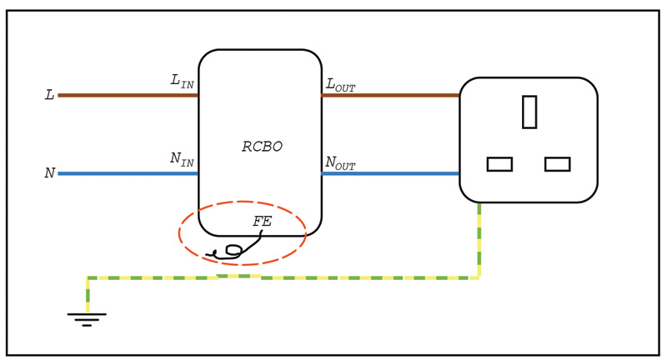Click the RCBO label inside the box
[262, 147]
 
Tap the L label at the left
[49, 95]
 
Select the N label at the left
[49, 173]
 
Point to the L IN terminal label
[182, 81]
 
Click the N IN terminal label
[182, 158]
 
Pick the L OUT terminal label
[340, 84]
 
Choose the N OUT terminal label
[340, 162]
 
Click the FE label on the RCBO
[262, 222]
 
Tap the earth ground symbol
[87, 318]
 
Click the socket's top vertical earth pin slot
[529, 112]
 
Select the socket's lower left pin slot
[499, 164]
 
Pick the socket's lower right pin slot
[557, 164]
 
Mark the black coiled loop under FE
[233, 250]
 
